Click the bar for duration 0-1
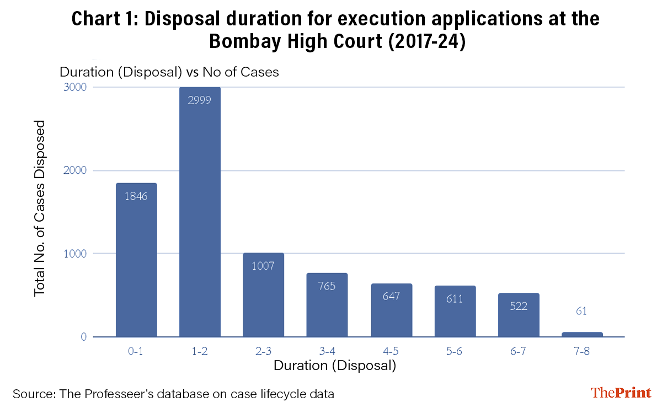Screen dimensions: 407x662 tap(136, 260)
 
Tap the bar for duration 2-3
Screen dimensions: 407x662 tap(264, 295)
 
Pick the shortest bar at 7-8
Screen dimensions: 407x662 tap(582, 334)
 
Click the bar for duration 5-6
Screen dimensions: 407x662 tap(455, 311)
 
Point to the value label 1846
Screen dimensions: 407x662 tap(136, 196)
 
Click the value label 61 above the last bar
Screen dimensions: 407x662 tap(582, 311)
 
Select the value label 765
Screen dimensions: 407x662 tap(327, 286)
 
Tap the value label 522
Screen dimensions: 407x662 tap(518, 306)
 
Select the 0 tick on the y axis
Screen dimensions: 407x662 tap(83, 337)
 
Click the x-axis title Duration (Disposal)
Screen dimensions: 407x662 tap(335, 366)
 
